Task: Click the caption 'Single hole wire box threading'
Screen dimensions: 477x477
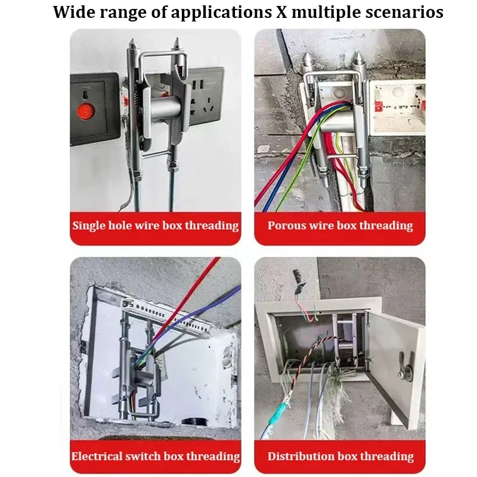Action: point(156,226)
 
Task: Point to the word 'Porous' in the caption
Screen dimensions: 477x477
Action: point(287,226)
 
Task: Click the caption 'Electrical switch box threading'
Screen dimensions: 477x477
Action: point(156,457)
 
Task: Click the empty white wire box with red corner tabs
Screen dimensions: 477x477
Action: point(396,107)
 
